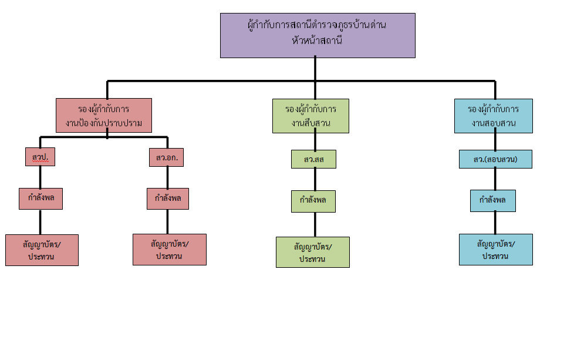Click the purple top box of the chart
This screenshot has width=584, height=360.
point(318,35)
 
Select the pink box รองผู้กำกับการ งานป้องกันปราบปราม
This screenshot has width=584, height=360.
point(104,115)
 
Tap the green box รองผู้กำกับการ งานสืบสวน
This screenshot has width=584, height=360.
point(311,116)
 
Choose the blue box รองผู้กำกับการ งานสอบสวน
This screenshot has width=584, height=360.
point(494,116)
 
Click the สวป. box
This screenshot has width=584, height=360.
point(40,157)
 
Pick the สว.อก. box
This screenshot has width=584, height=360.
point(167,157)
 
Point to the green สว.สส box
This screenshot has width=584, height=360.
point(313,159)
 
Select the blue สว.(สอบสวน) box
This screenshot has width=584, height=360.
point(495,159)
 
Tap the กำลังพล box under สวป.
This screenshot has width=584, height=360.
point(40,198)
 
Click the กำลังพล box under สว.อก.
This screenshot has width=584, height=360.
point(167,198)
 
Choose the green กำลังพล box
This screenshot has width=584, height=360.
point(313,201)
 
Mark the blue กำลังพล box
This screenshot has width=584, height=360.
point(493,201)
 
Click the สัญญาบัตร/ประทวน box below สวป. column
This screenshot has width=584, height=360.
point(42,250)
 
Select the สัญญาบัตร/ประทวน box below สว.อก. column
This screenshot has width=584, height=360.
point(170,249)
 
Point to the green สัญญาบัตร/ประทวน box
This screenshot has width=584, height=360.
point(313,252)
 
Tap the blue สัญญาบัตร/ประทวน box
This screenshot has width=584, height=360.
point(496,249)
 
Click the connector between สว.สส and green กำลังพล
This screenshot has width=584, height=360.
point(315,179)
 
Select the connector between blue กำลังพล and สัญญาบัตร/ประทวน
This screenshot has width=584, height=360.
point(495,223)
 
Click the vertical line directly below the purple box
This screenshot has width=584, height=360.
point(315,69)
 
